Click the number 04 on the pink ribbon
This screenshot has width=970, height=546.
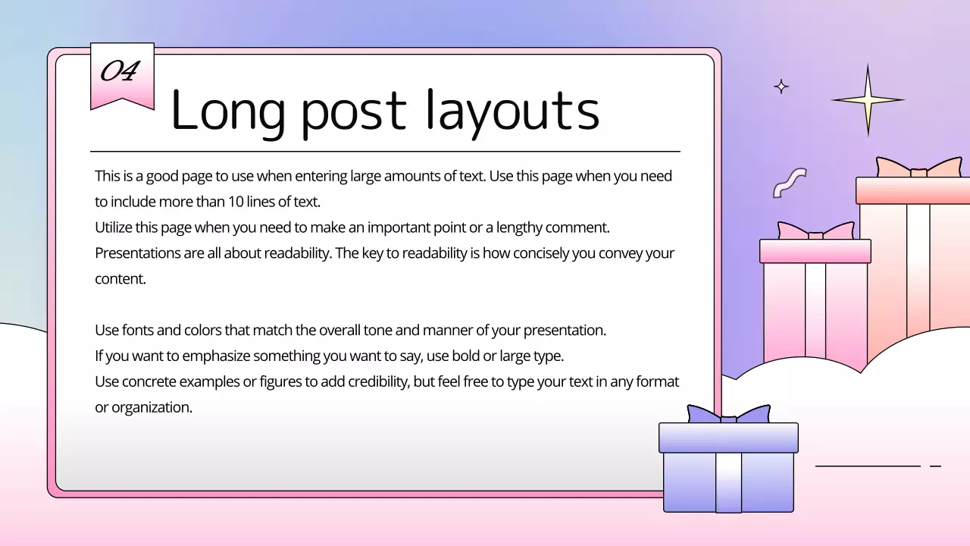pos(120,71)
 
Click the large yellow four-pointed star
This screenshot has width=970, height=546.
pos(868,99)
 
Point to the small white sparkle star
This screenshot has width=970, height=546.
pos(781,86)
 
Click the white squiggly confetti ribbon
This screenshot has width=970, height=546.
pos(789,183)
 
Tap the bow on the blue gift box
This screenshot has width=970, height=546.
pos(728,415)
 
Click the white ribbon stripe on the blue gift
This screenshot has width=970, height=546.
pos(728,482)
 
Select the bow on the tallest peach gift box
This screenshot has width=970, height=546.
pos(918,168)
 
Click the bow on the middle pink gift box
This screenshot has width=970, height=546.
pos(815,231)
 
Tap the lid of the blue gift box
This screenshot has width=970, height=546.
pos(728,438)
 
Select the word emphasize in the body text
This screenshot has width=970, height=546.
pos(217,356)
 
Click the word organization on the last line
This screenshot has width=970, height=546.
pos(151,407)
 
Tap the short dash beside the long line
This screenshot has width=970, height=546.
pos(935,466)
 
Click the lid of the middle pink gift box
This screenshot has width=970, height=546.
pos(815,251)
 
